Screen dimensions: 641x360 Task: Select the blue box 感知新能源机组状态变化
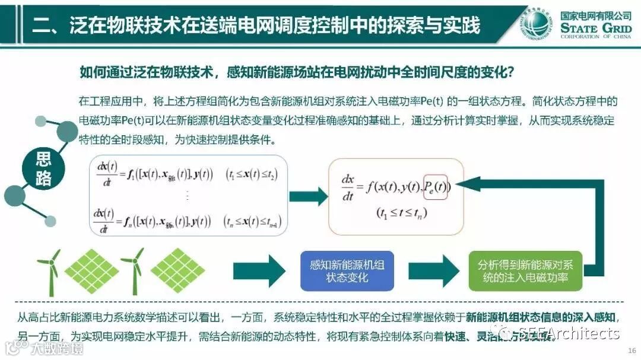click(x=347, y=271)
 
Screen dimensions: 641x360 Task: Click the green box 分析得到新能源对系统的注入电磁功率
click(x=525, y=271)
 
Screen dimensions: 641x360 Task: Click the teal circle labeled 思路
click(x=44, y=168)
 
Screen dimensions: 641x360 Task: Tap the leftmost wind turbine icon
click(x=50, y=270)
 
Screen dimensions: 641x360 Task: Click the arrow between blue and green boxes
click(x=442, y=271)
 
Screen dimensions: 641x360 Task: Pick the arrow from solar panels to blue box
click(x=259, y=271)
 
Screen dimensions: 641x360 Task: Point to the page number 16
click(x=631, y=350)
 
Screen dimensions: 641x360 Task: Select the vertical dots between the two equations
click(x=187, y=196)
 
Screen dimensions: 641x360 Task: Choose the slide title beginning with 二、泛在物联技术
click(x=255, y=25)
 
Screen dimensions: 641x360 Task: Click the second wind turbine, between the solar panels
click(x=132, y=270)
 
